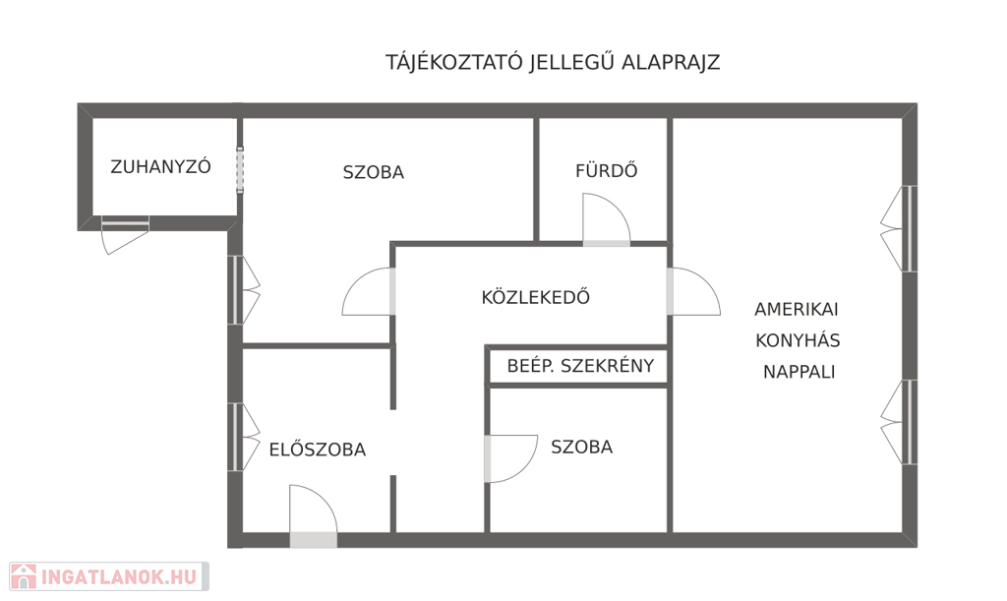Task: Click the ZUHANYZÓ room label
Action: [160, 166]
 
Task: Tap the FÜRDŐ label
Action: [606, 170]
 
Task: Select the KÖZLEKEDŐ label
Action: [535, 297]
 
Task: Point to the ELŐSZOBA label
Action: [318, 449]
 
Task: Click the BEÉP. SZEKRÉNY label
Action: [580, 366]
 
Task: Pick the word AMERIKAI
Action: [797, 310]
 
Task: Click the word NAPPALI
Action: [799, 372]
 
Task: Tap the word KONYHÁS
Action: [798, 340]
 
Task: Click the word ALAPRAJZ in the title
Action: [671, 62]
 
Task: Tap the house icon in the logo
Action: [24, 576]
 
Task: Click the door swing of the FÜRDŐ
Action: [606, 219]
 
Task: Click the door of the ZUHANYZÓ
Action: [125, 235]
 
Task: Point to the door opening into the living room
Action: [693, 291]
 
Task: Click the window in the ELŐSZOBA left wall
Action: [244, 437]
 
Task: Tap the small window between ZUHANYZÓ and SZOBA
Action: [240, 170]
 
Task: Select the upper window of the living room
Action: [899, 228]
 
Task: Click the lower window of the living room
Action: [899, 422]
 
